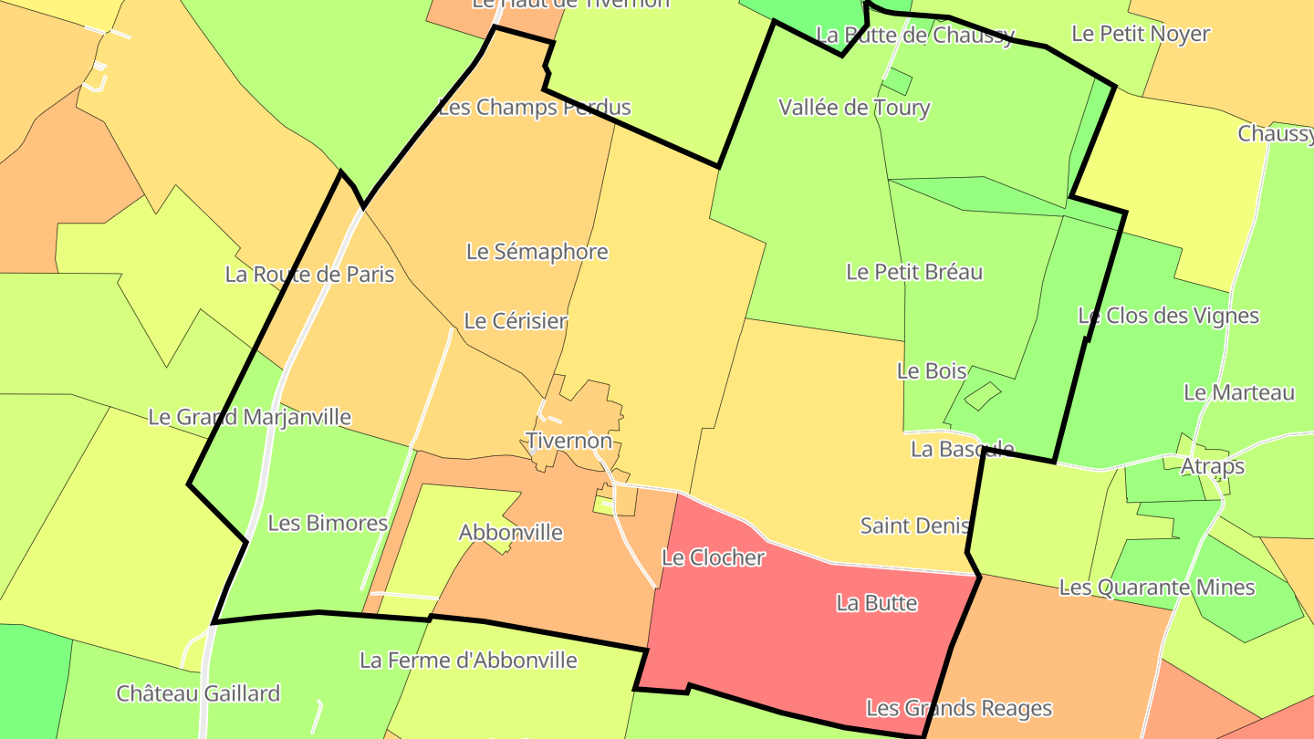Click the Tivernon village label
point(568,441)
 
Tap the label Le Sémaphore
point(537,252)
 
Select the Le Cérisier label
point(516,321)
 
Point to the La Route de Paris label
point(309,275)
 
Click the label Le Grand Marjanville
point(249,417)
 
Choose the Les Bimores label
point(328,524)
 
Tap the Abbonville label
point(510,533)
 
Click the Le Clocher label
point(713,557)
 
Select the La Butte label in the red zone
point(876,603)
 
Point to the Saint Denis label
point(913,526)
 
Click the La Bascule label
point(962,449)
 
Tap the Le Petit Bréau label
point(914,272)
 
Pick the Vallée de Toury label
point(854,108)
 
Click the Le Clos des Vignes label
point(1168,317)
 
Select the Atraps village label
point(1212,466)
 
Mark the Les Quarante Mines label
point(1156,588)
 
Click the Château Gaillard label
point(198,693)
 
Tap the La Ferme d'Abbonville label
point(468,660)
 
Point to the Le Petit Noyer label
point(1140,34)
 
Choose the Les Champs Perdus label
point(535,108)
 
